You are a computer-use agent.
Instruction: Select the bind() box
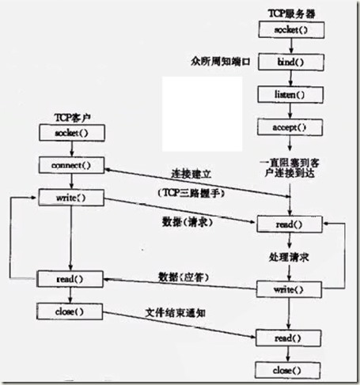coord(291,61)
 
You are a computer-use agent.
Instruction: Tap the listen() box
coord(291,93)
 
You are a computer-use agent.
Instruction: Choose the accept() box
coord(291,126)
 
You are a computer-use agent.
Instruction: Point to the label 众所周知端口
coord(221,61)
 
